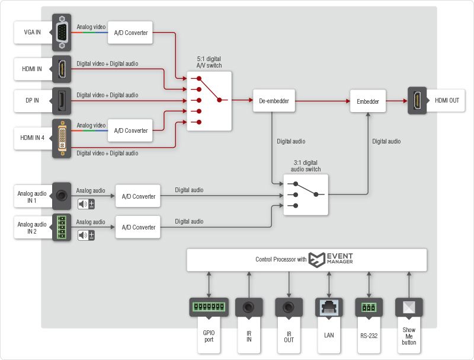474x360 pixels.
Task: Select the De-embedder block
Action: click(274, 101)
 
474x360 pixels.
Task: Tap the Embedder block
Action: click(368, 101)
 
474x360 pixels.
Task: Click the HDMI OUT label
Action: click(446, 101)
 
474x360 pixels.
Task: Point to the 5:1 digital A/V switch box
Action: click(209, 101)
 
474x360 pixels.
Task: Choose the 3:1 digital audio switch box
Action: click(306, 195)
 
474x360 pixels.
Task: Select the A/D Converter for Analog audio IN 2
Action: click(138, 227)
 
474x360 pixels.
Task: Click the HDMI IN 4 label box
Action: click(33, 138)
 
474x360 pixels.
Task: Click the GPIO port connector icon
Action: click(209, 307)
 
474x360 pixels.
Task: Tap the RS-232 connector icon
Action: click(369, 307)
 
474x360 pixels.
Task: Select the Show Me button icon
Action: click(409, 307)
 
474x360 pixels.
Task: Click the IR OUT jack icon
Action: click(289, 307)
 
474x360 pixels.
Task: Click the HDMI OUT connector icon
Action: click(417, 101)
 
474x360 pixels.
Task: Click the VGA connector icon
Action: click(62, 32)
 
